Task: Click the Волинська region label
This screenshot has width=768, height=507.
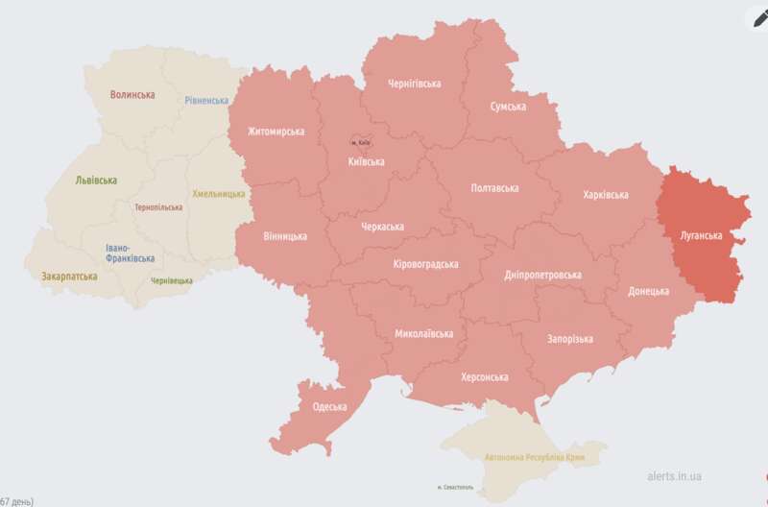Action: (132, 94)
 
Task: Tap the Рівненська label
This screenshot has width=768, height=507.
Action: (207, 100)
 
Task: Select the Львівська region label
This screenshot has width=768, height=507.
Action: (96, 180)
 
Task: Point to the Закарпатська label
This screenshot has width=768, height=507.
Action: (68, 276)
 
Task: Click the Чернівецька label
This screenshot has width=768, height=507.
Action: (172, 280)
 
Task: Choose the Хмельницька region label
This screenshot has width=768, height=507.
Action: (219, 193)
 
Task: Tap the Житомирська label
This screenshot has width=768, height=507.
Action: (276, 132)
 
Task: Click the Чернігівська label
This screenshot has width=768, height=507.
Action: (414, 84)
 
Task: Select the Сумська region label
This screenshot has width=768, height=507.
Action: (508, 107)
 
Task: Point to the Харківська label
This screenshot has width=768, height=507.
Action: (605, 195)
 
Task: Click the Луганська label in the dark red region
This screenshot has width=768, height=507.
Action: (701, 234)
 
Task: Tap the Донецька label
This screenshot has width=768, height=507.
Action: (649, 290)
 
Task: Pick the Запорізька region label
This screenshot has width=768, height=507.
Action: (569, 338)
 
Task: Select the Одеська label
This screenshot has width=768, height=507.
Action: (330, 406)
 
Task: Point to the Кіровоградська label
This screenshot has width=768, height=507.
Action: (425, 264)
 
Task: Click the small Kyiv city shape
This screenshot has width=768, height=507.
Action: (360, 141)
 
